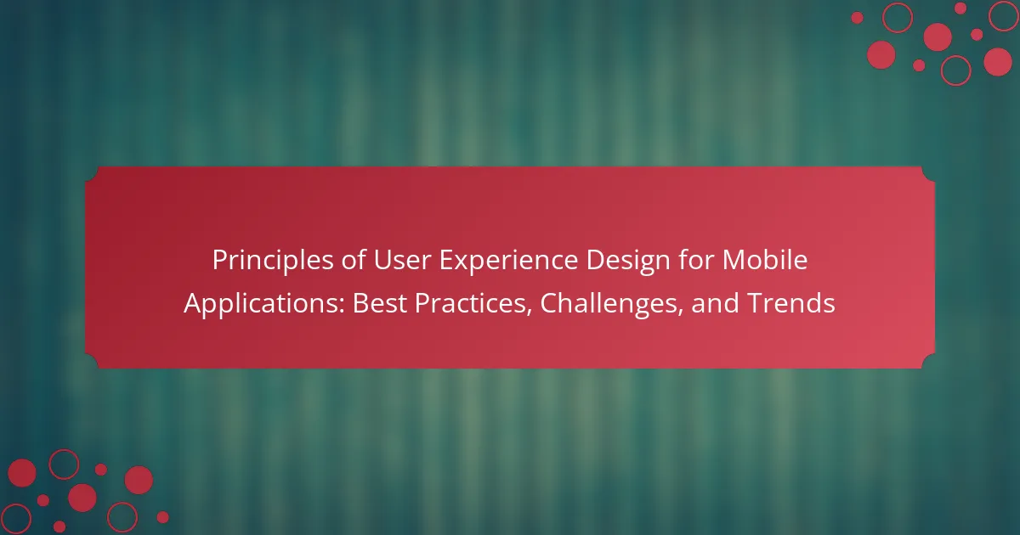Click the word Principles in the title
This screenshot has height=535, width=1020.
(x=273, y=261)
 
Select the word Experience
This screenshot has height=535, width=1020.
(x=508, y=261)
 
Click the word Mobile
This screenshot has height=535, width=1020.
(x=765, y=260)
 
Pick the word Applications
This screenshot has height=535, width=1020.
(x=263, y=304)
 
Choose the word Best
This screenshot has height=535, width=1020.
(x=380, y=303)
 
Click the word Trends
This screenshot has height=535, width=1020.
(x=791, y=303)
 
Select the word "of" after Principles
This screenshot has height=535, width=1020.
(x=354, y=260)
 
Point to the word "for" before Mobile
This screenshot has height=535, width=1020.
(x=696, y=260)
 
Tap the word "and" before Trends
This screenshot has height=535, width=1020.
(x=715, y=303)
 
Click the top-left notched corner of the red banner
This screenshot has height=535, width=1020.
(x=92, y=174)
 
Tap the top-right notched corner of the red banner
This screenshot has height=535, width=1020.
(x=928, y=174)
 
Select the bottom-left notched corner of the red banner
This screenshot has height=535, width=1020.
(x=92, y=361)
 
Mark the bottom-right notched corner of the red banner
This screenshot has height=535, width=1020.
(x=928, y=361)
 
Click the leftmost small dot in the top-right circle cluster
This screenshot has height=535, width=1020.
(x=857, y=18)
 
